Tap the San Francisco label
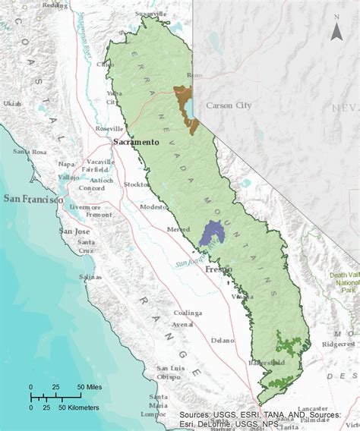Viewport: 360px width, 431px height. point(33,199)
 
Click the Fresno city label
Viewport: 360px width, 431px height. point(217,269)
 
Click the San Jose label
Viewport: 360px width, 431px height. point(75,231)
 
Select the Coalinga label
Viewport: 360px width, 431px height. point(187,313)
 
